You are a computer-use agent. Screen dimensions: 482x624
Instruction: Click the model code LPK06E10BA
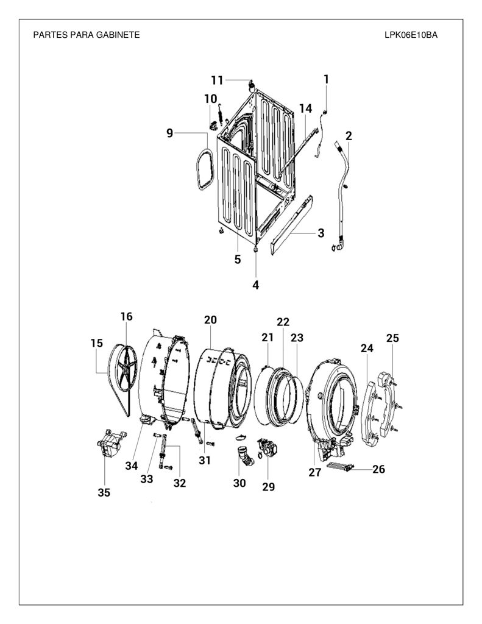tap(411, 35)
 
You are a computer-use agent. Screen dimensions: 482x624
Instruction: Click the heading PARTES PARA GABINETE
tap(87, 35)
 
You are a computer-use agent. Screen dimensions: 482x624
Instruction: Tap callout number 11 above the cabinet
tap(217, 80)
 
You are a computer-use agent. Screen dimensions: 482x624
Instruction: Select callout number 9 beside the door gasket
tap(170, 133)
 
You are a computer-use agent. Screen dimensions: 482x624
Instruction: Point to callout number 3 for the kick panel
tap(321, 233)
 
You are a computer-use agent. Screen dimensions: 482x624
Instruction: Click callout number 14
tap(306, 108)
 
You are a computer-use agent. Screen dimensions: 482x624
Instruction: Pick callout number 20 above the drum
tap(210, 319)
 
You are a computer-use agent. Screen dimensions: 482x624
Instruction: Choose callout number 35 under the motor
tap(104, 492)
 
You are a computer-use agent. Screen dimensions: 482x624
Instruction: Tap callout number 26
tap(378, 469)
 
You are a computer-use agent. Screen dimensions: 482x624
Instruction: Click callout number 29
tap(269, 486)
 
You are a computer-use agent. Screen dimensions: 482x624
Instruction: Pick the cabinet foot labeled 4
tap(255, 249)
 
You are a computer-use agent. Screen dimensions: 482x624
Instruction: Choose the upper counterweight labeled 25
tap(388, 404)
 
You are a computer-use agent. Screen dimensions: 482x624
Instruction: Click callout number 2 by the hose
tap(349, 136)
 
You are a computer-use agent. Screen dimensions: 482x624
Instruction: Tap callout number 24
tap(367, 348)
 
